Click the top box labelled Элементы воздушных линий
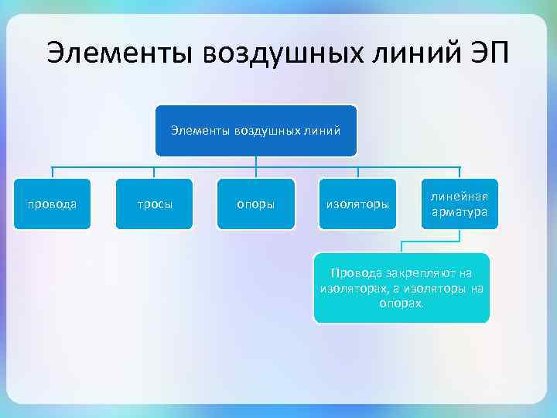[255, 130]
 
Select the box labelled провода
[53, 204]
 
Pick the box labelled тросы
[154, 204]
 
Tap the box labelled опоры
[255, 204]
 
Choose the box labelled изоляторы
[357, 204]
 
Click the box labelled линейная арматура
[460, 204]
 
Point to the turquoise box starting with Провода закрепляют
[401, 288]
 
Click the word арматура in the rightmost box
[460, 212]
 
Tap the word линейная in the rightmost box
[460, 197]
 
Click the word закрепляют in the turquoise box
[415, 273]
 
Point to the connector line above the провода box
[53, 172]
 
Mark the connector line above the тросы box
[154, 172]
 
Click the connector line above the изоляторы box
[357, 172]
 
